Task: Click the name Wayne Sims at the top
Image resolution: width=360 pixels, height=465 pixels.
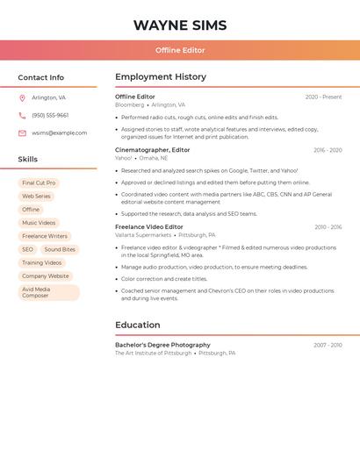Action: tap(180, 25)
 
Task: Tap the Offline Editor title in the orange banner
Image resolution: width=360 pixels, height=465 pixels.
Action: tap(180, 50)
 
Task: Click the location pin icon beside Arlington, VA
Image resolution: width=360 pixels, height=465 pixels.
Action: tap(22, 97)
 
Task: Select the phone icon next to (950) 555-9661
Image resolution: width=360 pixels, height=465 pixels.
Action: tap(22, 115)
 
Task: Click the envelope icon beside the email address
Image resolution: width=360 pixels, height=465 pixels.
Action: tap(22, 132)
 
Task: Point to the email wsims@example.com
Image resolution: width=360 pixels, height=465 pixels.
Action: tap(60, 132)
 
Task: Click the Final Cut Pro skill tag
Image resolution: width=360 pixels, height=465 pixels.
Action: tap(39, 182)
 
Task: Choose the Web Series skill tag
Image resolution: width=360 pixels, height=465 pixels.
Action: tap(37, 196)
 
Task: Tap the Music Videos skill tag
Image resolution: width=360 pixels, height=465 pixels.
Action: tap(39, 223)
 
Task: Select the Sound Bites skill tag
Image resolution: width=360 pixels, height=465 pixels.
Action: tap(60, 249)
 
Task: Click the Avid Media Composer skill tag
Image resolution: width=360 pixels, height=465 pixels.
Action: tap(48, 292)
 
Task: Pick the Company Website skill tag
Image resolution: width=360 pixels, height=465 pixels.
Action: tap(46, 275)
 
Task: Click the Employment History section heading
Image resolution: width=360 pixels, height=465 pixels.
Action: tap(161, 77)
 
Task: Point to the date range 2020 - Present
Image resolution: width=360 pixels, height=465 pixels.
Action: tap(323, 97)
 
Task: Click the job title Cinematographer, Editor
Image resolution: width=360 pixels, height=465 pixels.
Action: tap(153, 150)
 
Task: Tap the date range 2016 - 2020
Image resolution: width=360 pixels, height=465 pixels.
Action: tap(328, 150)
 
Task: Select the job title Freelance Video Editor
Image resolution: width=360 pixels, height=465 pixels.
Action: tap(149, 226)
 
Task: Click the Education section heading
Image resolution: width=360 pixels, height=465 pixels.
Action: tap(137, 325)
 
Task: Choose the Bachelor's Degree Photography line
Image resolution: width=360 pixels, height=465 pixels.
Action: tap(162, 345)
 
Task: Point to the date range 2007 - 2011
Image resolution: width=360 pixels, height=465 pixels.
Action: tap(328, 345)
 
